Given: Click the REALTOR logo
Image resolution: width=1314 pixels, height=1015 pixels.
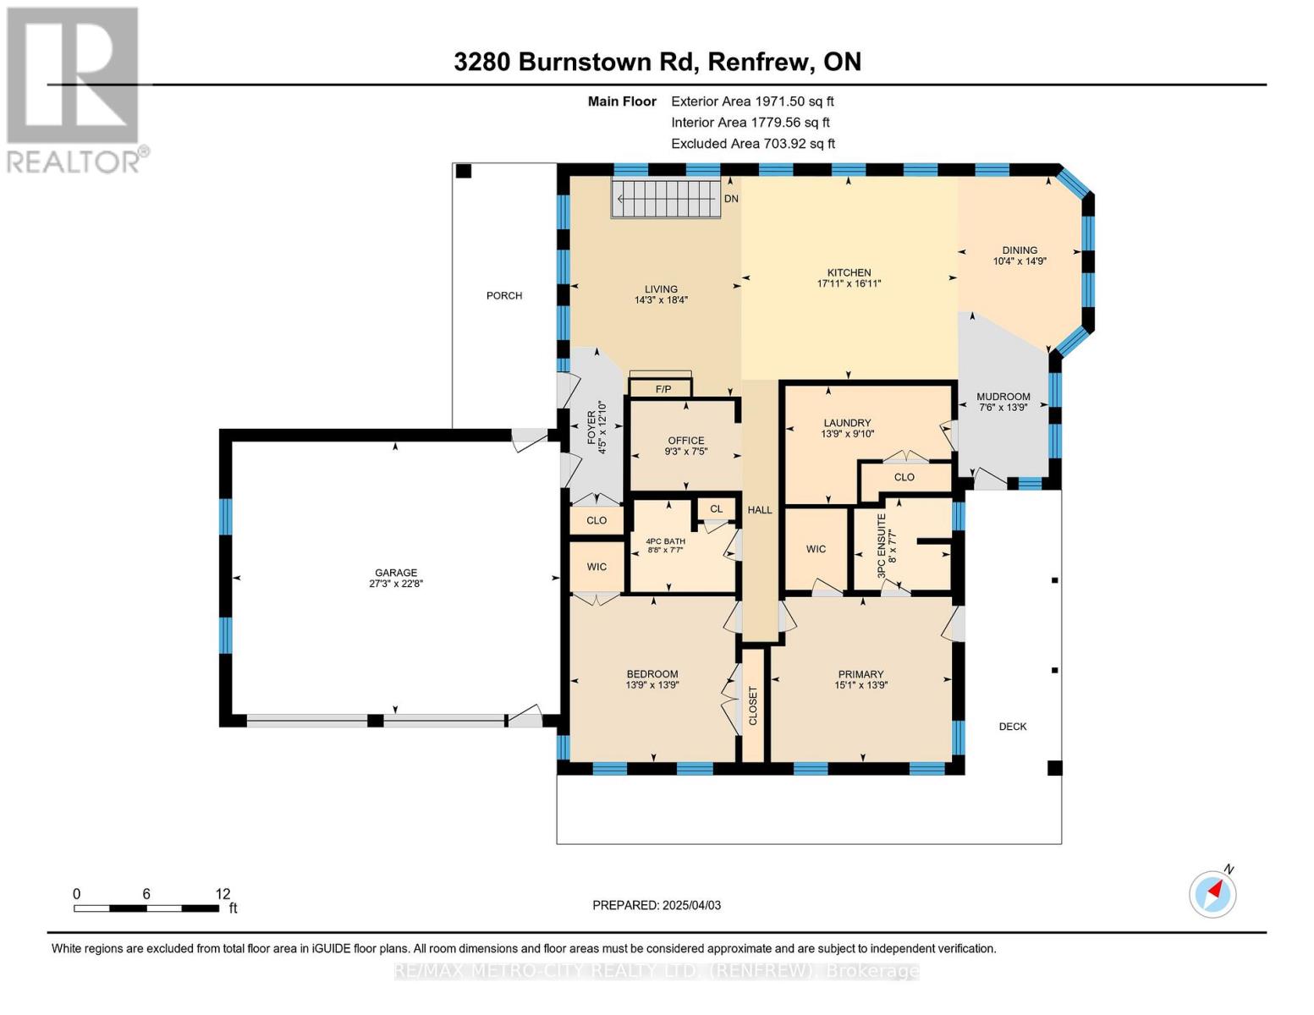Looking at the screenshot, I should pos(74,89).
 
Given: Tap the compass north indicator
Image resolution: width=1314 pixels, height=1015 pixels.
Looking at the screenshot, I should pos(1212,893).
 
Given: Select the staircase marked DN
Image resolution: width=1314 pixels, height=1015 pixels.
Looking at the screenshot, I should pos(667,199).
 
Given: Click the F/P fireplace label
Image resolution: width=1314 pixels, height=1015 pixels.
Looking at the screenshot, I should pos(663,389).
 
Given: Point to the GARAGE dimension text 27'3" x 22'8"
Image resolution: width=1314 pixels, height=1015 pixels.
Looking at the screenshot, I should pos(396,584).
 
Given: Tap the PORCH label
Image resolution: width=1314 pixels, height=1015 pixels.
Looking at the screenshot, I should pos(504,295).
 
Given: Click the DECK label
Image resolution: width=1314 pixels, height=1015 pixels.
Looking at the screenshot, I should pos(1012,727).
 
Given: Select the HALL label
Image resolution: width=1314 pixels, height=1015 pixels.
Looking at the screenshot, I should pos(760,510).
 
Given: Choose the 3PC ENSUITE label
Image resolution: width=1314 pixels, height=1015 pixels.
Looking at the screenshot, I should pos(881,546).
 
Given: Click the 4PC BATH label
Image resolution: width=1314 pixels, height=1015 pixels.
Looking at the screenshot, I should pos(665,541).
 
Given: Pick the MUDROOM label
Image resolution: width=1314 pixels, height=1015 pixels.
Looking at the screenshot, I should pos(1003,397).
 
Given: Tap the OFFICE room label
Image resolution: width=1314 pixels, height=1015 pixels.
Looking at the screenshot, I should pos(685,441).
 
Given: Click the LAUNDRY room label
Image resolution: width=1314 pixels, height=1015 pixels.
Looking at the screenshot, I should pos(847,423).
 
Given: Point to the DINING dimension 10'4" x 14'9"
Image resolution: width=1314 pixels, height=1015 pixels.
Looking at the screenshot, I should pos(1020,261).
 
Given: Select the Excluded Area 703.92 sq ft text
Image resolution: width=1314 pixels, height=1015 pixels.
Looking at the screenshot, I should pos(753,144).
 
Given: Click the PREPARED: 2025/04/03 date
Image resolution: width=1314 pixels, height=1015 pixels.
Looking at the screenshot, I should pos(657,905).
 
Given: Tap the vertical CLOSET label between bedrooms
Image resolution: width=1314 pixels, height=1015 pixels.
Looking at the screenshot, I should pos(753,705).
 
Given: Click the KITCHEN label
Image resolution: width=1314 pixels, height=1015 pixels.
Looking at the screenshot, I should pos(849,272).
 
